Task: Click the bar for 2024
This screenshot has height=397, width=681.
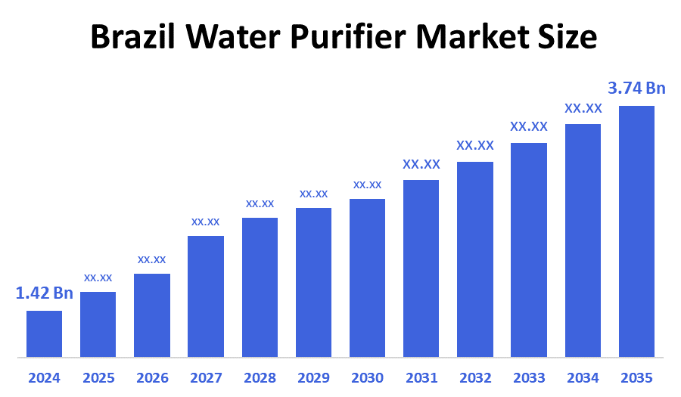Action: [x=44, y=333]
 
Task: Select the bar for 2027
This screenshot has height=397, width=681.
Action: [x=206, y=296]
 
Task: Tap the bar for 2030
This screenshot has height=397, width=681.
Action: [x=367, y=278]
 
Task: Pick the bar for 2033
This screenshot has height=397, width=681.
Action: [x=529, y=250]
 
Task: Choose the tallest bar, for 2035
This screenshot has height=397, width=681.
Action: [x=636, y=231]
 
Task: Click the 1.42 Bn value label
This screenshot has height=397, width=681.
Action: [x=45, y=293]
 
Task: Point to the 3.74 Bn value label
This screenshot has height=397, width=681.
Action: [x=636, y=88]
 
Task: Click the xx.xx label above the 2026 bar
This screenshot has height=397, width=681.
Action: [x=151, y=259]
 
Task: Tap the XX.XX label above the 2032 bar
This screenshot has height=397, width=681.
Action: [x=475, y=145]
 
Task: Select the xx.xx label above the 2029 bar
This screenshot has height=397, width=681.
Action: [x=313, y=194]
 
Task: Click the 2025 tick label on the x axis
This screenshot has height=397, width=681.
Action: [x=98, y=377]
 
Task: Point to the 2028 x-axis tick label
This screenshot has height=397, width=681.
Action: [x=260, y=377]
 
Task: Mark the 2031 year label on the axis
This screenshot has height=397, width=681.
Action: [x=421, y=377]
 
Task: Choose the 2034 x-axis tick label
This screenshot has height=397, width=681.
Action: [x=583, y=377]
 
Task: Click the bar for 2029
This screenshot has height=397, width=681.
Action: [x=313, y=282]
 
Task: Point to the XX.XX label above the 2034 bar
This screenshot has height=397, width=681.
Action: [x=583, y=108]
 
